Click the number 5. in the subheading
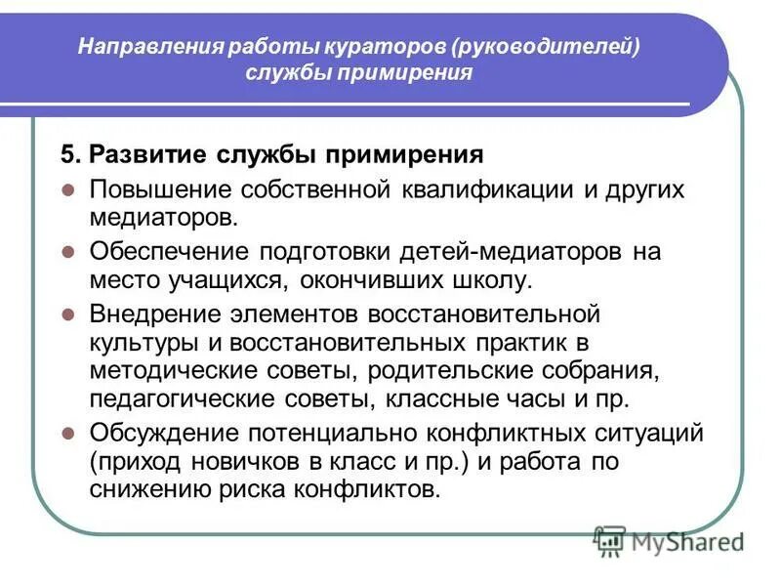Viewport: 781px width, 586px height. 69,154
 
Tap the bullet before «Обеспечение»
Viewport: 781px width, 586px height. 68,251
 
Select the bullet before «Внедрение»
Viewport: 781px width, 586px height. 68,314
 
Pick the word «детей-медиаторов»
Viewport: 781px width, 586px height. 509,251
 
